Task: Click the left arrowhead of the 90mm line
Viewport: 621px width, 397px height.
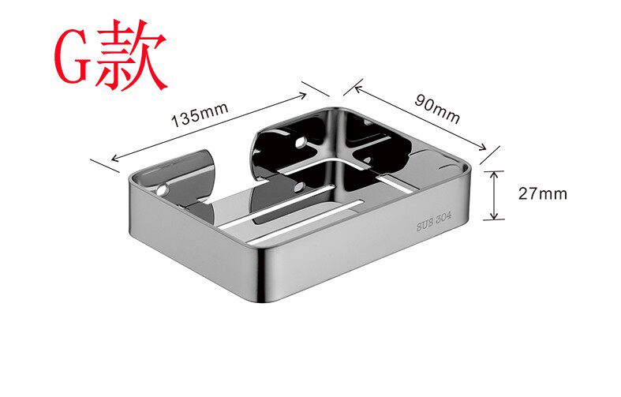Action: click(x=347, y=85)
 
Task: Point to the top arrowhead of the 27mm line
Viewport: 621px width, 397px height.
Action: click(x=495, y=174)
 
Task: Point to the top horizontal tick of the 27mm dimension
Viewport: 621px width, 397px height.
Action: click(x=495, y=170)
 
